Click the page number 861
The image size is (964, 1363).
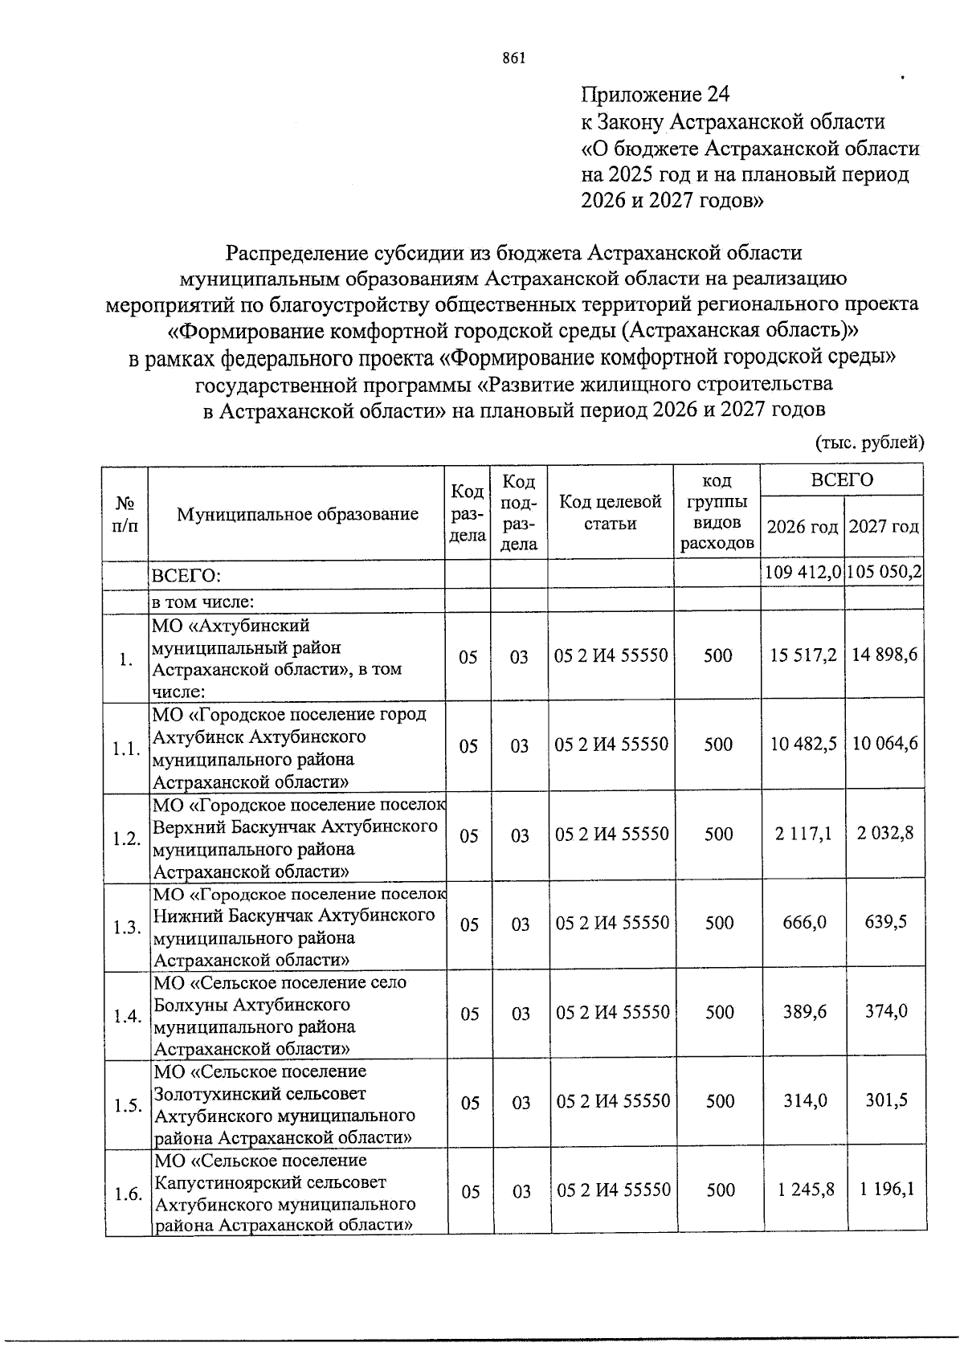pyautogui.click(x=513, y=58)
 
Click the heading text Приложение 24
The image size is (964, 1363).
pyautogui.click(x=655, y=95)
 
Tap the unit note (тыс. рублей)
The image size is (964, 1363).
pyautogui.click(x=870, y=442)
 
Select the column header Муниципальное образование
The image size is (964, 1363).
pyautogui.click(x=297, y=514)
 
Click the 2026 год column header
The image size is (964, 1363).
pyautogui.click(x=803, y=527)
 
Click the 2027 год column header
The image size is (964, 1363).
pyautogui.click(x=884, y=527)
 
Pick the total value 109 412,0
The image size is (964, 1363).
pyautogui.click(x=803, y=573)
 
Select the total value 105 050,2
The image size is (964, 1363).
pyautogui.click(x=884, y=573)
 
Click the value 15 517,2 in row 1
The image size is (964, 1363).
pyautogui.click(x=803, y=655)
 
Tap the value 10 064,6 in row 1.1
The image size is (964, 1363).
pyautogui.click(x=884, y=744)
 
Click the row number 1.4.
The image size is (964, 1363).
pyautogui.click(x=127, y=1016)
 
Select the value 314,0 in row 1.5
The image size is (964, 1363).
pyautogui.click(x=805, y=1101)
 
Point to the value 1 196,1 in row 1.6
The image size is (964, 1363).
pyautogui.click(x=887, y=1190)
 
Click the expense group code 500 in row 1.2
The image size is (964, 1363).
pyautogui.click(x=718, y=835)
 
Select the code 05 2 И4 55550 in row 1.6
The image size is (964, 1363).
pyautogui.click(x=613, y=1190)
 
